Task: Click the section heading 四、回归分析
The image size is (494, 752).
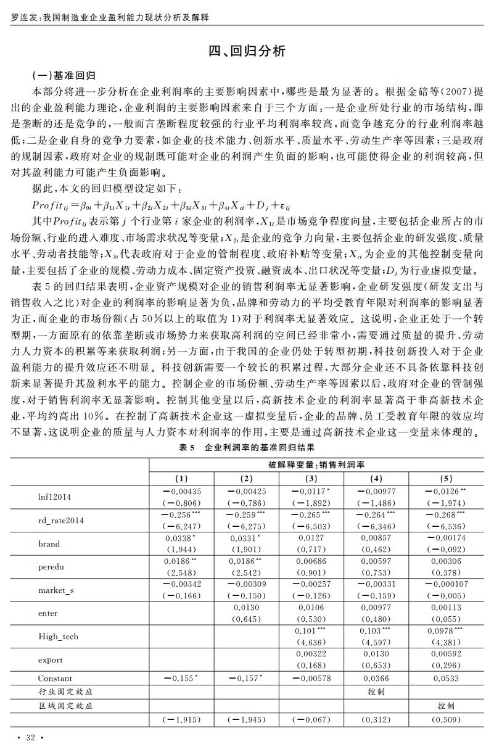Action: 247,51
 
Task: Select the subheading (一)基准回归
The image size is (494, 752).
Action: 64,76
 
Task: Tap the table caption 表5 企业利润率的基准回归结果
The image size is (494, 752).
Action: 247,447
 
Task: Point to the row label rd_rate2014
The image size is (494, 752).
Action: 61,521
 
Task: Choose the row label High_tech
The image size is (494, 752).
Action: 58,636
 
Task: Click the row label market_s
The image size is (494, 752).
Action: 56,590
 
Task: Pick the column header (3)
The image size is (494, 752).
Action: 311,478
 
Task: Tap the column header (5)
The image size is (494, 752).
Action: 446,478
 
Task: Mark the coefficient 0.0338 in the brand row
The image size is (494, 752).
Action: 178,538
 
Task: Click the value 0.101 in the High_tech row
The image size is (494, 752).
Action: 306,630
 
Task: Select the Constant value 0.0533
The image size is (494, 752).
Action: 446,678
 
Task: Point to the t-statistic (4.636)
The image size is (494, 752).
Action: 311,642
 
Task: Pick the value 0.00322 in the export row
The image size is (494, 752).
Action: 311,654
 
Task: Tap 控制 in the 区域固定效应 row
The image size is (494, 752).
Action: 446,705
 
